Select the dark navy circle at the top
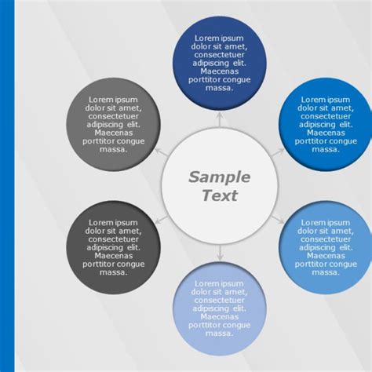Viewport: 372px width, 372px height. [219, 62]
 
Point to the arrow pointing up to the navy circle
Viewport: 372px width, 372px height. [219, 119]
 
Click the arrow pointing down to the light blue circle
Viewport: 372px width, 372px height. [219, 253]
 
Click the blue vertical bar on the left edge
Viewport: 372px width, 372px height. [7, 186]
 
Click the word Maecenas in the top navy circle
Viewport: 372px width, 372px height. [219, 71]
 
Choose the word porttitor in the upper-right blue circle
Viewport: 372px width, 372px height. [311, 140]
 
